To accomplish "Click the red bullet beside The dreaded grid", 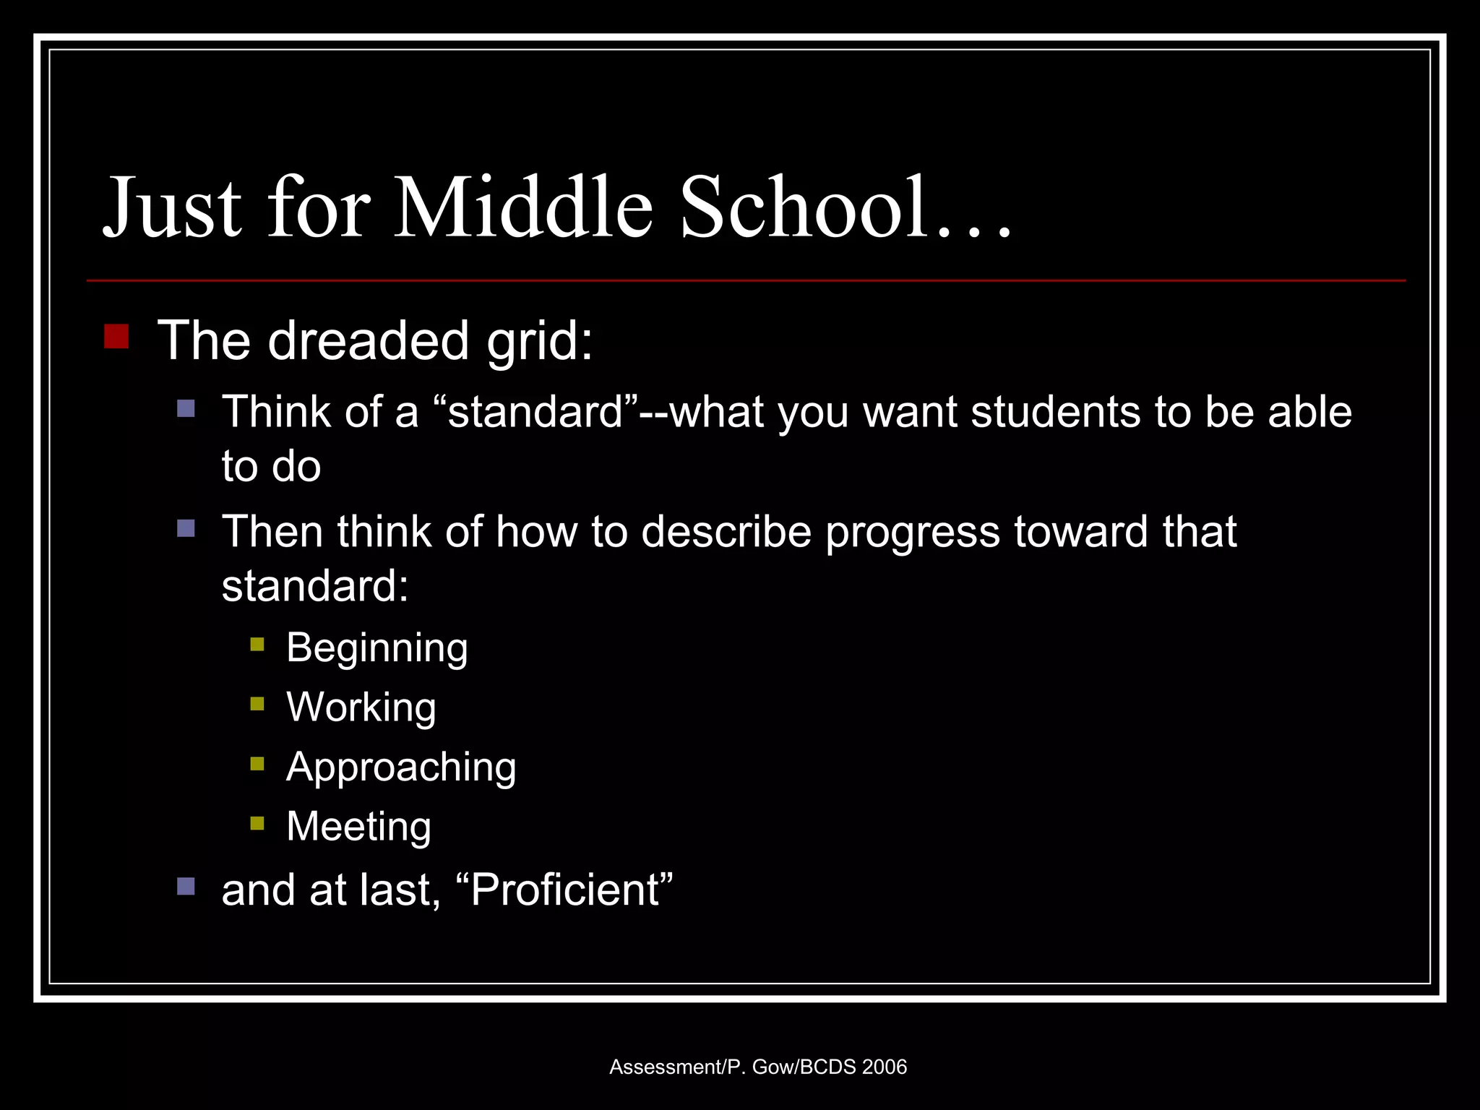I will tap(116, 337).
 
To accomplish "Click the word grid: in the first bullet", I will tap(540, 341).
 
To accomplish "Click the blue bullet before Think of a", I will tap(186, 409).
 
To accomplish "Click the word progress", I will tap(913, 533).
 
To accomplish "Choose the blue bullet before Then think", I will tap(186, 529).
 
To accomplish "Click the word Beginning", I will tap(377, 647).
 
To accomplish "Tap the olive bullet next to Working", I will tap(257, 704).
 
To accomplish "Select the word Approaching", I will tap(401, 767).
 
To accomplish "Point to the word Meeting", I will tap(358, 826).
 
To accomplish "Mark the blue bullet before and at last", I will tap(186, 886).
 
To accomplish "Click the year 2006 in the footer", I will tap(884, 1067).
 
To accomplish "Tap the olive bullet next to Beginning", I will tap(257, 644).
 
